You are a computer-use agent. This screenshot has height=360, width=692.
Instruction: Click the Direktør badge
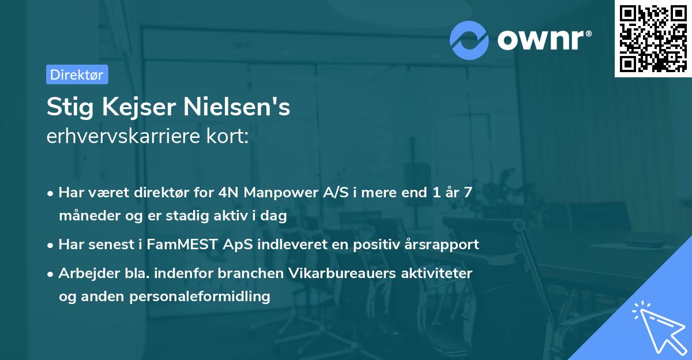pyautogui.click(x=77, y=74)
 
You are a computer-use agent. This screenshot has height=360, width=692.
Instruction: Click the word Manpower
pyautogui.click(x=276, y=193)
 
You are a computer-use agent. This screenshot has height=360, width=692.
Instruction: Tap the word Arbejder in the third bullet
pyautogui.click(x=84, y=273)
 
